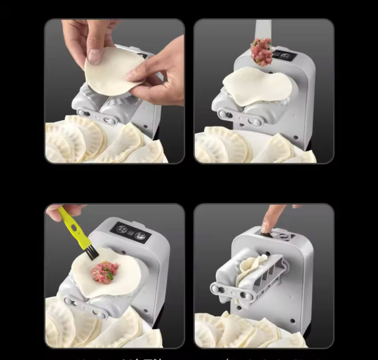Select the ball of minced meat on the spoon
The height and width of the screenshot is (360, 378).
(262, 51)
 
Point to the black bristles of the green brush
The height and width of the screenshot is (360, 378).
(92, 253)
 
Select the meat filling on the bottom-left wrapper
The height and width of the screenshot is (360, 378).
(104, 272)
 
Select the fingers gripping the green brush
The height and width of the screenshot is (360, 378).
(57, 212)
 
